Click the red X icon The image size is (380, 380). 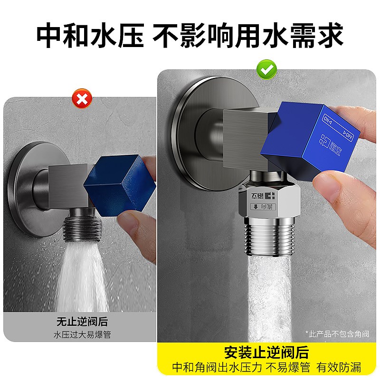(82, 100)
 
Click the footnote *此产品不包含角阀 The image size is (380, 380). (338, 333)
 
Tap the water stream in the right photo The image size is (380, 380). (268, 294)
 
